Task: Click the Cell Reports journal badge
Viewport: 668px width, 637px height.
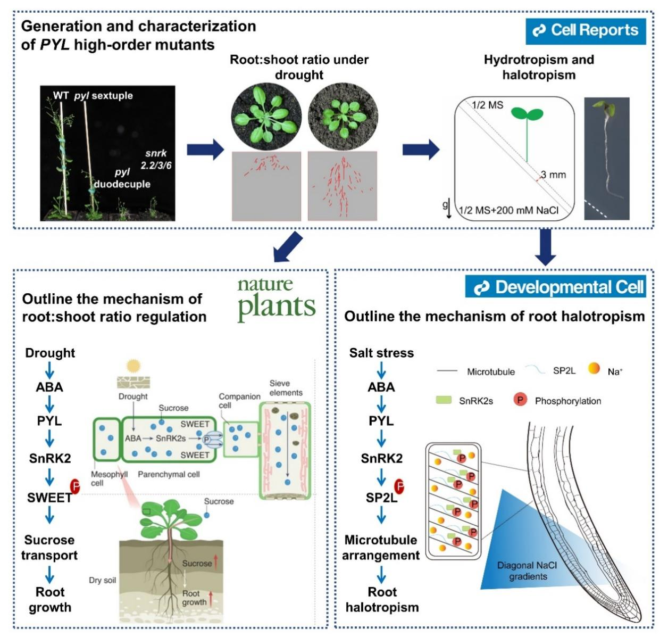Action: pyautogui.click(x=586, y=30)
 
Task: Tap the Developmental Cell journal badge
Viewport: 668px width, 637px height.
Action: pyautogui.click(x=556, y=287)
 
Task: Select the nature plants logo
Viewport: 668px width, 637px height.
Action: pyautogui.click(x=276, y=300)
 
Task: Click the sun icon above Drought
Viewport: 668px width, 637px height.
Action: pyautogui.click(x=133, y=367)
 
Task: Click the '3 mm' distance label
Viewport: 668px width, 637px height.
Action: pyautogui.click(x=553, y=175)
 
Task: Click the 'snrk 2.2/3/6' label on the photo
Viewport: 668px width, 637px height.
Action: pyautogui.click(x=156, y=160)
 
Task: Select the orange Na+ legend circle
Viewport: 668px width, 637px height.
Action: pyautogui.click(x=594, y=368)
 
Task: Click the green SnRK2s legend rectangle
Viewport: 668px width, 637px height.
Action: pyautogui.click(x=443, y=399)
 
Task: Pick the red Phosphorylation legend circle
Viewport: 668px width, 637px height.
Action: pyautogui.click(x=520, y=399)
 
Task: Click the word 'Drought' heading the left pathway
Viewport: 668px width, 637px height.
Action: pyautogui.click(x=50, y=353)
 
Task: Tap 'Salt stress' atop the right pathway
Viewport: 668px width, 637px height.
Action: pyautogui.click(x=381, y=353)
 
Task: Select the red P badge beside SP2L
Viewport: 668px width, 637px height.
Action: pyautogui.click(x=399, y=486)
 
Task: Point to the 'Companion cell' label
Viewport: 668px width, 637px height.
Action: pyautogui.click(x=239, y=401)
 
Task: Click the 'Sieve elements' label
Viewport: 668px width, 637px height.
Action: pyautogui.click(x=286, y=388)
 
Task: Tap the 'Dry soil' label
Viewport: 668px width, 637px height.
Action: pyautogui.click(x=102, y=580)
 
